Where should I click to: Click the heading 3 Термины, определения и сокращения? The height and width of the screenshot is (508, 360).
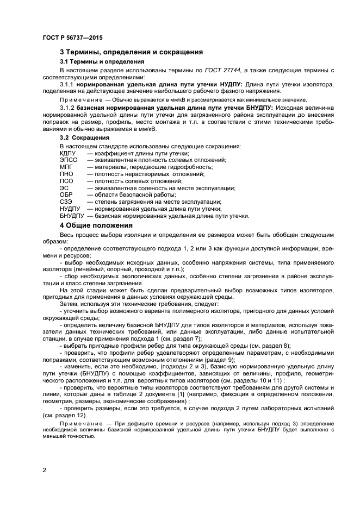point(131,52)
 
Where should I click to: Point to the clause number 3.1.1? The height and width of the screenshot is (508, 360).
point(67,85)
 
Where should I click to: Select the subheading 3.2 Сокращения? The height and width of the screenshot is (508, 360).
point(84,138)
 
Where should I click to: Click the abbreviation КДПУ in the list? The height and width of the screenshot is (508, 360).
point(69,153)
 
